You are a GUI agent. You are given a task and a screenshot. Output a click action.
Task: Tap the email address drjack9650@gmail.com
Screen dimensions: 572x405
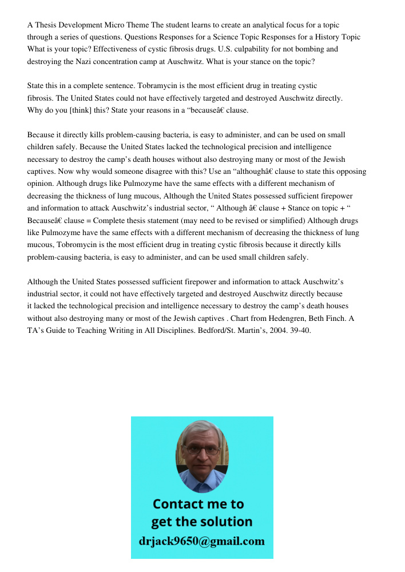(201, 541)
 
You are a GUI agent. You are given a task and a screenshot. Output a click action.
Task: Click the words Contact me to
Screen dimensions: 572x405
(198, 504)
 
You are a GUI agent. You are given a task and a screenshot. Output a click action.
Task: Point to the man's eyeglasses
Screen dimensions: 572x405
(201, 450)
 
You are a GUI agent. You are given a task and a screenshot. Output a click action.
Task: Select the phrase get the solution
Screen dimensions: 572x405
(201, 522)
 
